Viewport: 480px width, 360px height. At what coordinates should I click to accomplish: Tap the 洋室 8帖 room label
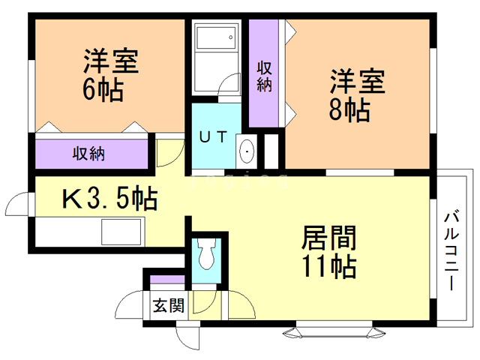356,94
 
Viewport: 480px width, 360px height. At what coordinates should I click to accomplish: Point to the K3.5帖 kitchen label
109,199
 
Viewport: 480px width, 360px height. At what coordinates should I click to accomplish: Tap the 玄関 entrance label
169,305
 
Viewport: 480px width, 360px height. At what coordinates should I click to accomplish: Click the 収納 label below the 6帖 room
88,154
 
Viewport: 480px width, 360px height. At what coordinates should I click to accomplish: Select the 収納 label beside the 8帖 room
263,76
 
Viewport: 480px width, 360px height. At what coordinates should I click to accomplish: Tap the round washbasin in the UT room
247,152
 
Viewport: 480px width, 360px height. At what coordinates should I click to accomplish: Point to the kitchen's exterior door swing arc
18,204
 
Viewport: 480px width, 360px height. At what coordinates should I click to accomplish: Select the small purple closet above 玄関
166,281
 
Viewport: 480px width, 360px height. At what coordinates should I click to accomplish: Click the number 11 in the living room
314,266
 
